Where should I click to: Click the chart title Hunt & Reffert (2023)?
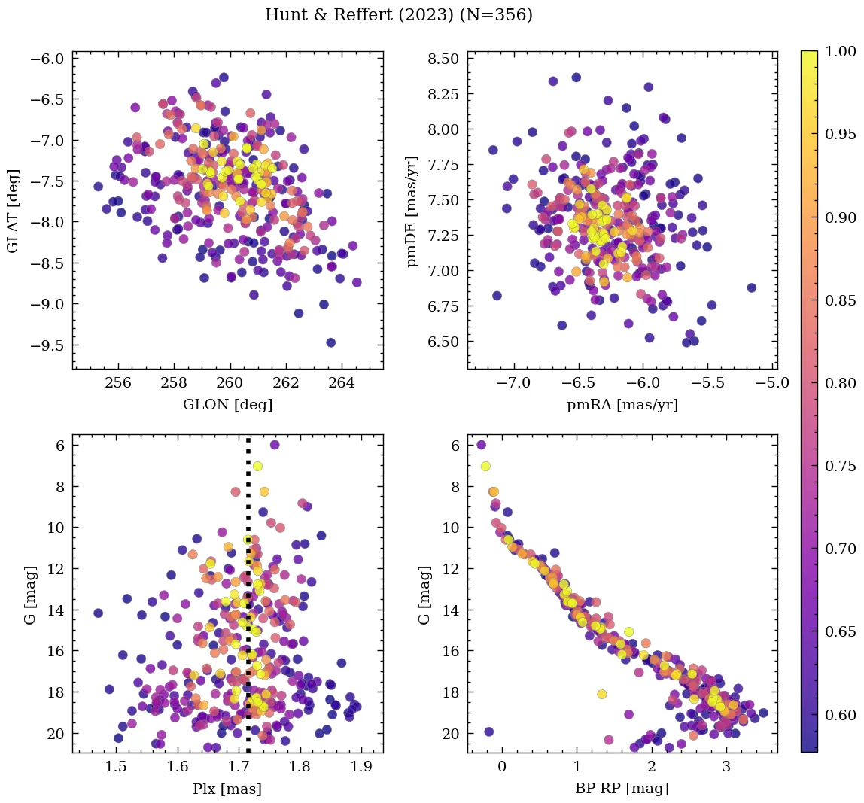pyautogui.click(x=399, y=15)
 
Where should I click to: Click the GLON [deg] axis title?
pyautogui.click(x=227, y=405)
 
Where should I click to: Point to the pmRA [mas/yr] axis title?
pyautogui.click(x=622, y=405)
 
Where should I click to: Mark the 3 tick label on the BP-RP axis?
pyautogui.click(x=726, y=768)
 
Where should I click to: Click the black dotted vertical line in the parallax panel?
pyautogui.click(x=248, y=602)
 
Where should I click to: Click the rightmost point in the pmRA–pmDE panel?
pyautogui.click(x=751, y=287)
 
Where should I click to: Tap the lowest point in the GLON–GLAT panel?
pyautogui.click(x=330, y=342)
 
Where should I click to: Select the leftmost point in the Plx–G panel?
pyautogui.click(x=98, y=613)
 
